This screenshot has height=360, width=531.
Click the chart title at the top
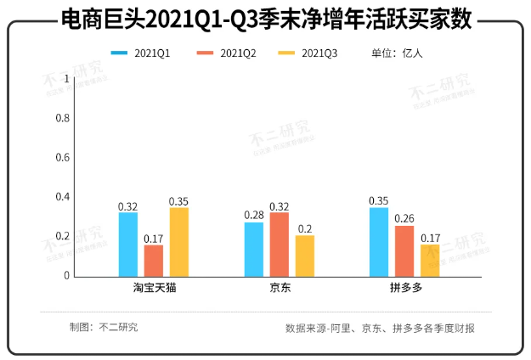265,19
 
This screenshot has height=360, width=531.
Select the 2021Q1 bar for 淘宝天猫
128,245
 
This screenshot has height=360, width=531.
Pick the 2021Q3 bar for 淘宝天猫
178,242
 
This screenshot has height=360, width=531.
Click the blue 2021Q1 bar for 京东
254,249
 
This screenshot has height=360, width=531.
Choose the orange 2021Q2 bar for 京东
280,245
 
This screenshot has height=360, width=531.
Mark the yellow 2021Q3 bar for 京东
304,256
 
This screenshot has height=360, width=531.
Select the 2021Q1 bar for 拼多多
379,242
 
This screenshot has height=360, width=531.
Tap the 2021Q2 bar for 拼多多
404,250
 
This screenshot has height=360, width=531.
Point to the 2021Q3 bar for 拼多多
430,260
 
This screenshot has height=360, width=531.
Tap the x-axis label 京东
279,289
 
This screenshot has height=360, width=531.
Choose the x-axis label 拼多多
404,289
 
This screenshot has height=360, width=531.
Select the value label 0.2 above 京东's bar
304,228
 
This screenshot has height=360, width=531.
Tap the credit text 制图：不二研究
104,327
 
